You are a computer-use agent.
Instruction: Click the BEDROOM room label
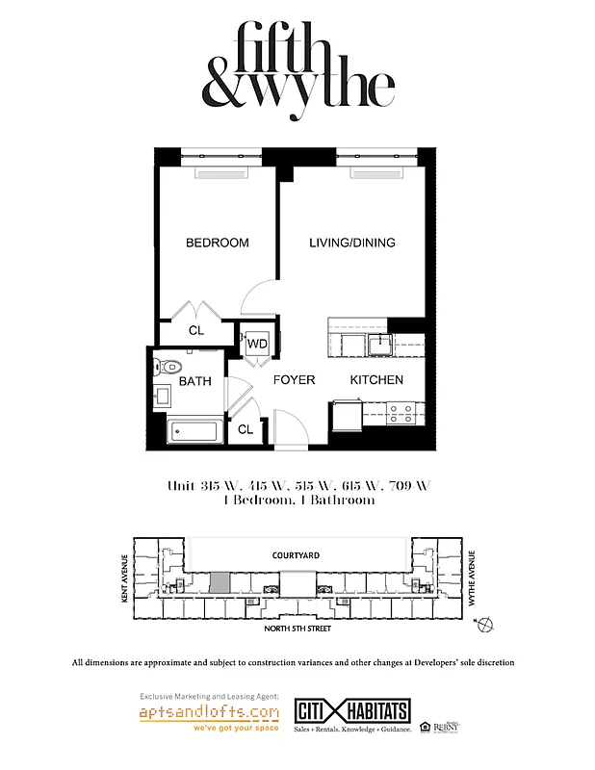tap(218, 243)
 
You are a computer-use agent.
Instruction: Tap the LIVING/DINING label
tap(351, 243)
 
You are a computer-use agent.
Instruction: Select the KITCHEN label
tap(376, 380)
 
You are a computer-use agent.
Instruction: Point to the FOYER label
tap(294, 380)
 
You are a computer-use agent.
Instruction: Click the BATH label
tap(194, 381)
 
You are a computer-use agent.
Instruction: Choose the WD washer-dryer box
tap(257, 344)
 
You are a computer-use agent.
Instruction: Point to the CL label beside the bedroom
tap(196, 330)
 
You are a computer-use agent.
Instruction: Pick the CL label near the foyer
tap(246, 429)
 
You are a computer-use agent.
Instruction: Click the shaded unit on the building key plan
tap(220, 582)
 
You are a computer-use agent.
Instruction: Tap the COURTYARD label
tap(296, 555)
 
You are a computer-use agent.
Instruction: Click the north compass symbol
tap(485, 626)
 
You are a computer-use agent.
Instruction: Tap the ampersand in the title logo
tap(225, 88)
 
